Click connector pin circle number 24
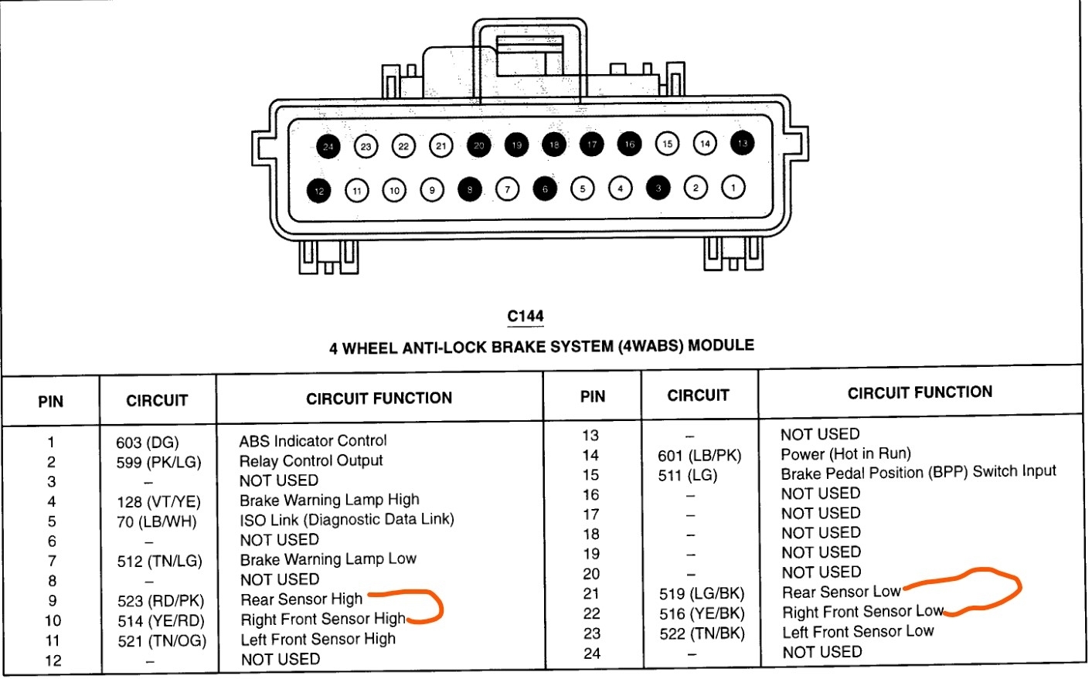328,147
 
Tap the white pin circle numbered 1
733,186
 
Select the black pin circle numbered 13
743,143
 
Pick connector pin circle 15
667,143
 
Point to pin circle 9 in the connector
432,189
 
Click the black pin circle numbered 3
658,188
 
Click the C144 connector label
526,316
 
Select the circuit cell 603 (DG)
147,443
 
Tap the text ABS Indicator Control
313,441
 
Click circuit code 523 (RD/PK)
161,601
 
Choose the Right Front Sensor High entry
323,620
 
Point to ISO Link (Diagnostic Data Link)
347,520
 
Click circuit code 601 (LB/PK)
699,456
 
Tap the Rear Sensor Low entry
842,592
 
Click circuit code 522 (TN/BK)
702,633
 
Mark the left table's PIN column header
51,402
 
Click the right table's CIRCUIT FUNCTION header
920,393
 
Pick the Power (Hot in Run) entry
845,454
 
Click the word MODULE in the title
720,345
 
